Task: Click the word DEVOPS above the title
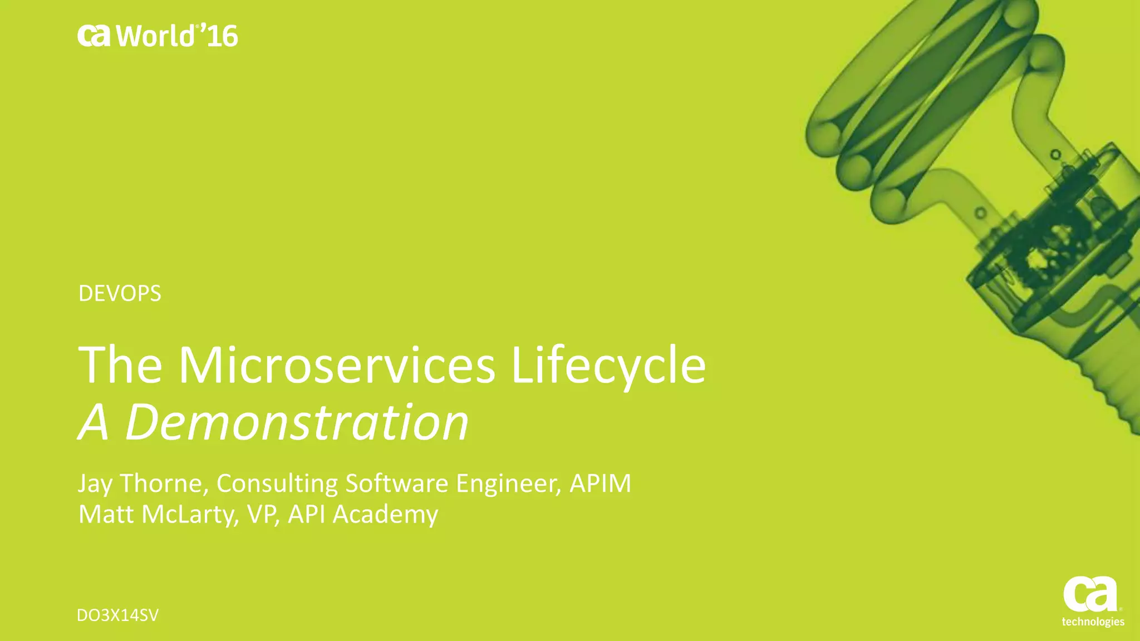(x=120, y=293)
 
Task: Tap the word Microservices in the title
(x=336, y=366)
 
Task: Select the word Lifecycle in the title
(x=608, y=366)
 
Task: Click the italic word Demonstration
(x=297, y=422)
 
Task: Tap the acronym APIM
(x=600, y=483)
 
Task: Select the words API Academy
(x=363, y=514)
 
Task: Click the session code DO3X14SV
(x=118, y=615)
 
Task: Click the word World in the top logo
(x=155, y=37)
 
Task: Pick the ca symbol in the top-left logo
(x=94, y=36)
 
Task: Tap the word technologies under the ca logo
(x=1093, y=622)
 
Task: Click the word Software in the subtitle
(x=396, y=483)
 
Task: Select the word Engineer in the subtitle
(x=508, y=483)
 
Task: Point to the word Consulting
(x=277, y=483)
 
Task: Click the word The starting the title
(x=120, y=366)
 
